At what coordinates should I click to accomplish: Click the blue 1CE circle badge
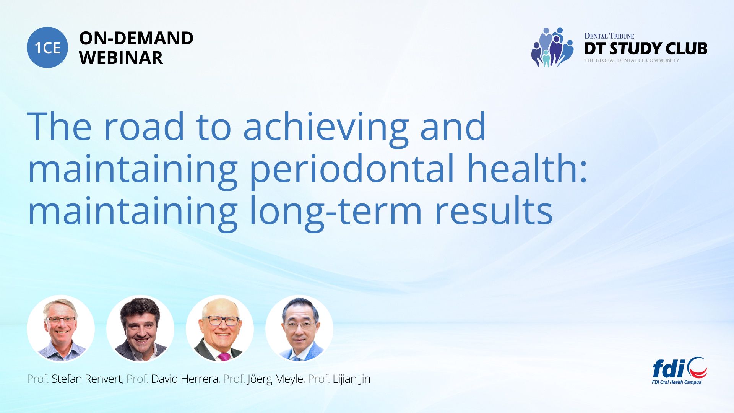point(47,47)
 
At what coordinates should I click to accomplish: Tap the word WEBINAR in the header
point(121,58)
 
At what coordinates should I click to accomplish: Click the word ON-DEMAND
point(136,38)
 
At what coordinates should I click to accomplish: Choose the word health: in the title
point(527,167)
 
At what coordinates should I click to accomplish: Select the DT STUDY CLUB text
point(646,49)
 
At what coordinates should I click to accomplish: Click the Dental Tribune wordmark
point(609,36)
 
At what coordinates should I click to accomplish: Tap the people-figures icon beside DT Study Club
point(552,47)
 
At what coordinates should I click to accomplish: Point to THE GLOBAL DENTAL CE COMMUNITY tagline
point(632,60)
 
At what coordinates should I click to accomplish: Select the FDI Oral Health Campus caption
point(677,382)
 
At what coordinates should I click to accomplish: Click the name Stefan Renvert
point(87,379)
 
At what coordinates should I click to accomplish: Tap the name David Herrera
point(185,379)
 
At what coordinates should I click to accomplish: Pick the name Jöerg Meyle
point(275,379)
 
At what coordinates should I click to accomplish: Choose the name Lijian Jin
point(351,379)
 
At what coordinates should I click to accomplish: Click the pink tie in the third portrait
point(224,357)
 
